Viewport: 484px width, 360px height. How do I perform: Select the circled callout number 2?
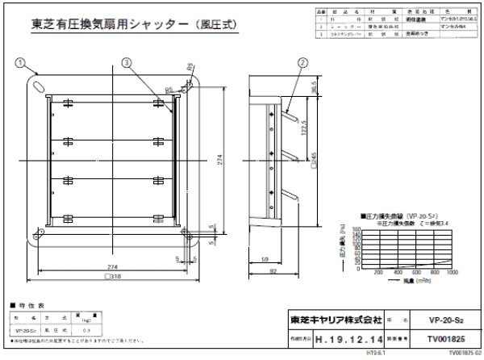pos(302,62)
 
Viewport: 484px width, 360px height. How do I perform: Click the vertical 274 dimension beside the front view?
pos(219,161)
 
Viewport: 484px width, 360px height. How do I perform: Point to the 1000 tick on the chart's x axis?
pos(452,273)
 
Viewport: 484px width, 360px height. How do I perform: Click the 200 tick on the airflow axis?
pos(376,273)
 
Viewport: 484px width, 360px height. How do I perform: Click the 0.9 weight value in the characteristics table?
pos(86,331)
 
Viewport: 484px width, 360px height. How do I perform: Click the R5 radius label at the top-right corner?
pos(190,69)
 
